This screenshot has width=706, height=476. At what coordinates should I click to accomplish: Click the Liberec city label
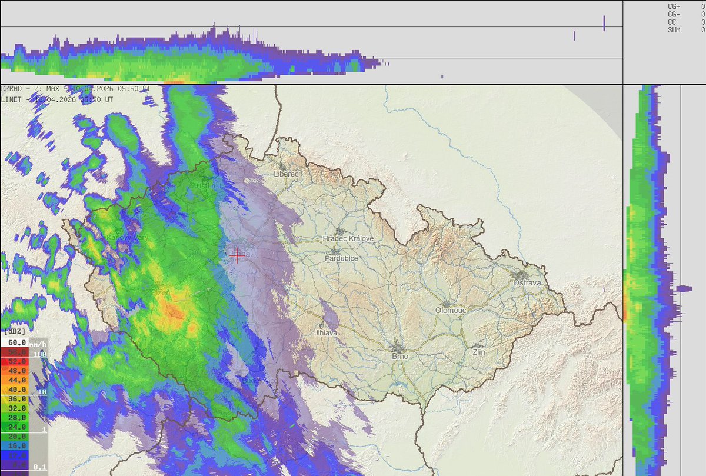(287, 174)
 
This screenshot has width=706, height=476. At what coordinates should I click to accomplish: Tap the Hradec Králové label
(348, 238)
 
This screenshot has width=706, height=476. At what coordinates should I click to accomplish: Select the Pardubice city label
(341, 258)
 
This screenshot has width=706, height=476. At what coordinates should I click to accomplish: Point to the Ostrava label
(527, 283)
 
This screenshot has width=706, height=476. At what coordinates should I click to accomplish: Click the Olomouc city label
(450, 310)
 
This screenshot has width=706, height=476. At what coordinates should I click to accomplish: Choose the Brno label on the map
(400, 356)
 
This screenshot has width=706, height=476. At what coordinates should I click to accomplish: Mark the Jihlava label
(326, 332)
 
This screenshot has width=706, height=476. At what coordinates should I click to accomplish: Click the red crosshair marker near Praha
(237, 255)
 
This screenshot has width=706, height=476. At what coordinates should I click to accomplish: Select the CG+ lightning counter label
(674, 6)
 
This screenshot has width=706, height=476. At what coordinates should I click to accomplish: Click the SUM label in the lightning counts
(674, 29)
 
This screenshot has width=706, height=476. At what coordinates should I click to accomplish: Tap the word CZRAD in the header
(12, 89)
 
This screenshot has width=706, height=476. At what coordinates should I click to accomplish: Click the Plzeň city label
(157, 292)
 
